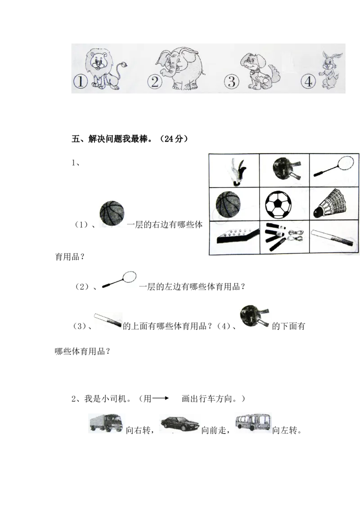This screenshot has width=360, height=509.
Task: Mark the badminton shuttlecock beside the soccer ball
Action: (331, 204)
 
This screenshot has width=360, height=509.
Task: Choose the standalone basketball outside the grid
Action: (113, 214)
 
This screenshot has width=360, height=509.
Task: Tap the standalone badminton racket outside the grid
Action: (119, 280)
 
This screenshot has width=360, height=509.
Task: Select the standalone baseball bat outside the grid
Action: (108, 320)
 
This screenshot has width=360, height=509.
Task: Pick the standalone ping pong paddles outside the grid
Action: (255, 316)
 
